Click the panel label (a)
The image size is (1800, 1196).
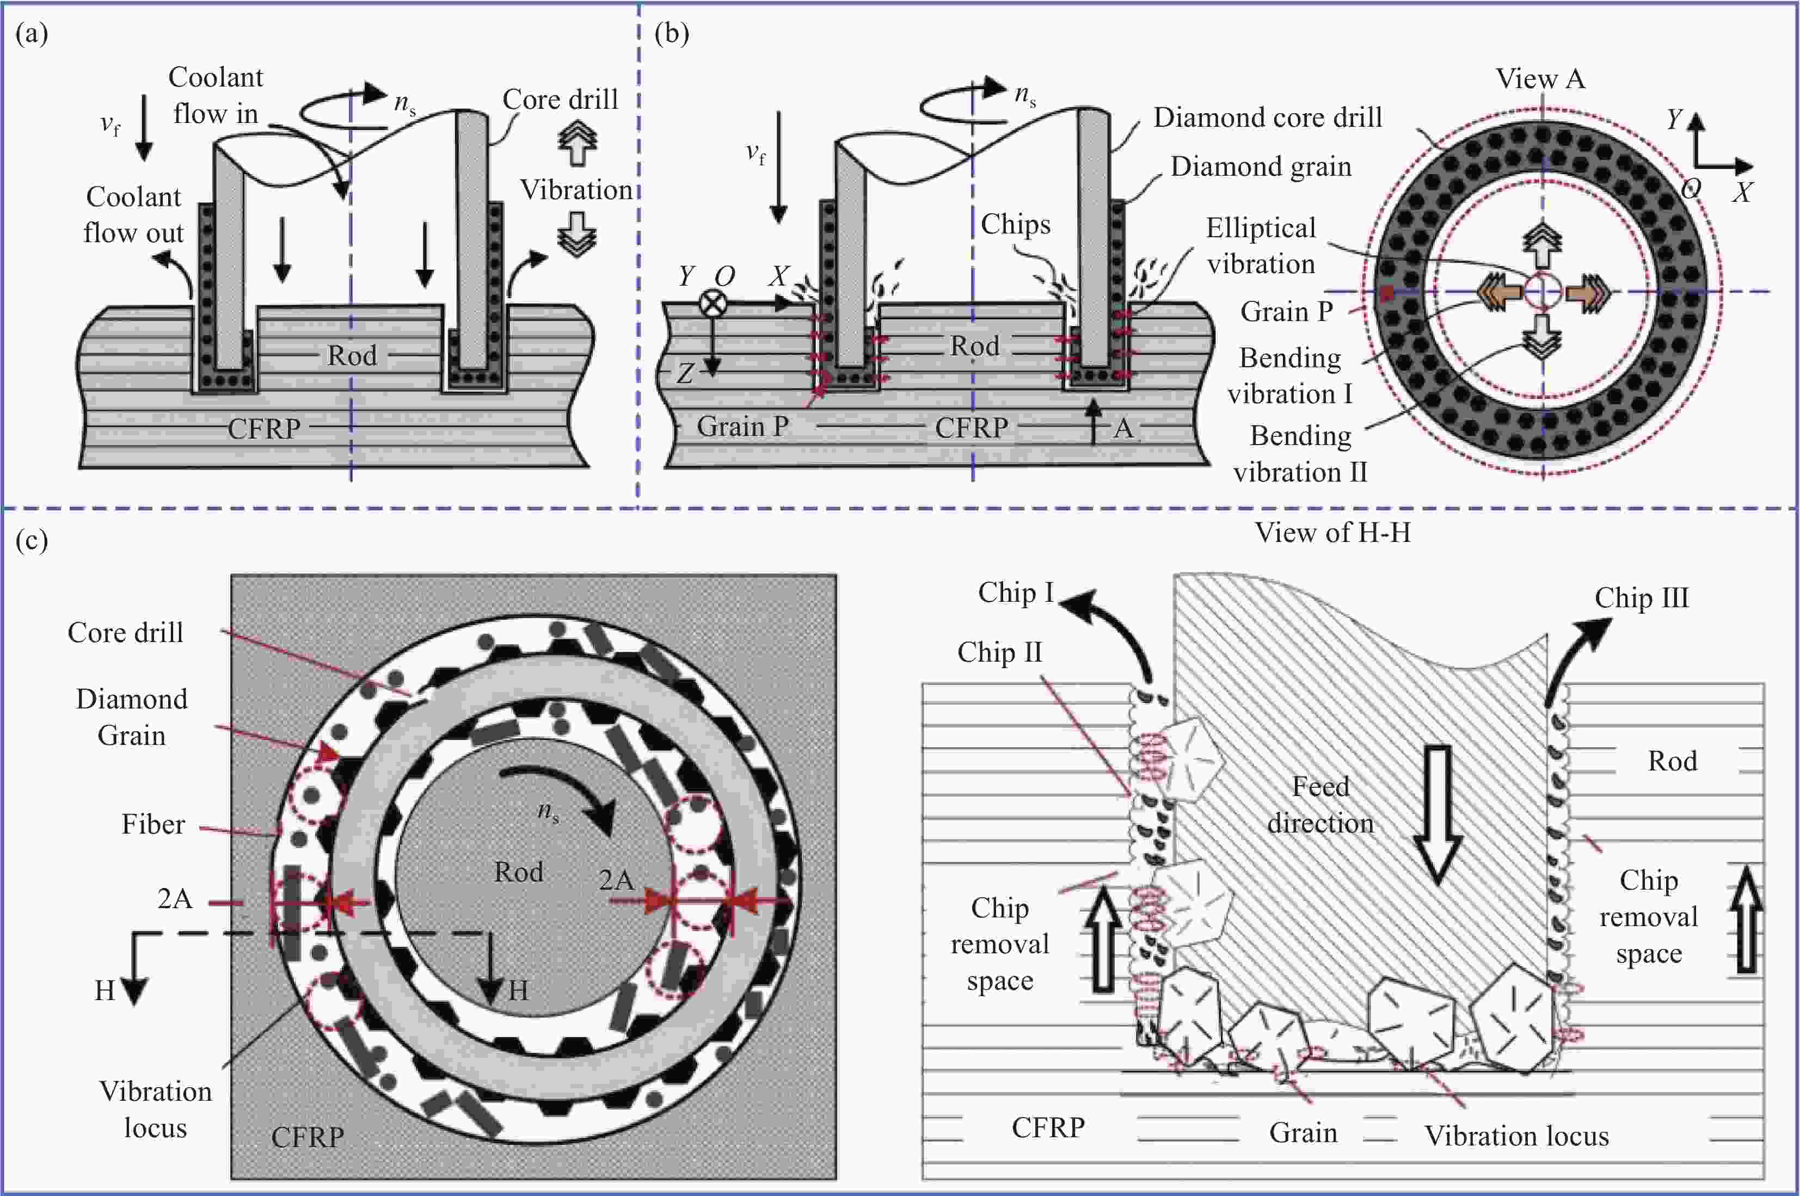tap(31, 34)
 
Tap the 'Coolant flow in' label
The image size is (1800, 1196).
tap(215, 95)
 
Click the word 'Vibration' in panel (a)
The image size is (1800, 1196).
tap(576, 190)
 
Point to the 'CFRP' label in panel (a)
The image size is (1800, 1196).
tap(263, 429)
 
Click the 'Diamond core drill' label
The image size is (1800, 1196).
tap(1267, 118)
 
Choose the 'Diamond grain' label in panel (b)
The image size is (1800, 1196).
tap(1261, 167)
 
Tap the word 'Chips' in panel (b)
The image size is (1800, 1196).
tap(1015, 224)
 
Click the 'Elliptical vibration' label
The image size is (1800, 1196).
tap(1261, 245)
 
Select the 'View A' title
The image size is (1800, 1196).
tap(1540, 78)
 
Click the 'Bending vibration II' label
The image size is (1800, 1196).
tap(1300, 454)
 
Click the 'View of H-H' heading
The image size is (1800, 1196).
tap(1332, 532)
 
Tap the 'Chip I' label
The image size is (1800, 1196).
tap(1015, 593)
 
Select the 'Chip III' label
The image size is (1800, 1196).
tap(1641, 598)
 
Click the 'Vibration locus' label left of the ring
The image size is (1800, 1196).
tap(156, 1110)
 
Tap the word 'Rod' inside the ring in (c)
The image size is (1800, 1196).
tap(518, 872)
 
